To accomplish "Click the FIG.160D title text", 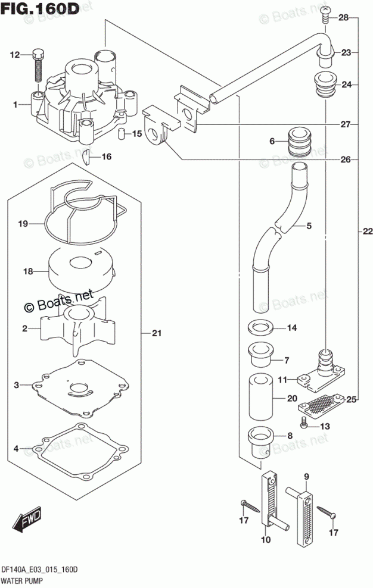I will tap(40, 10).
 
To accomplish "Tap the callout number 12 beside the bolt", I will tap(14, 55).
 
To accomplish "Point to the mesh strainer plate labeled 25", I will tap(322, 405).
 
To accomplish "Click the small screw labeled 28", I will tap(325, 12).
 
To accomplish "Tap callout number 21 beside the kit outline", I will tap(156, 333).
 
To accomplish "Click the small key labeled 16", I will tap(86, 157).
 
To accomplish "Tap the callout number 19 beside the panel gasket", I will tap(23, 224).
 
